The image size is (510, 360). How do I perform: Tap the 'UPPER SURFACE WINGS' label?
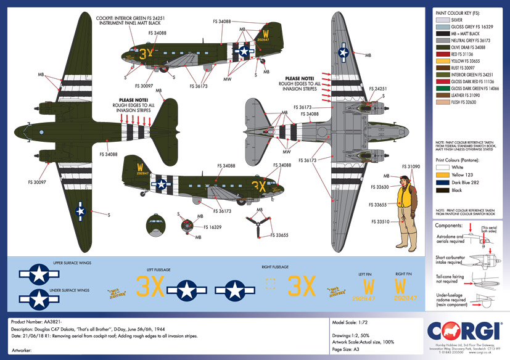click(72, 262)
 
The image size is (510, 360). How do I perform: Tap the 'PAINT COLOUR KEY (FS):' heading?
click(458, 12)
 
